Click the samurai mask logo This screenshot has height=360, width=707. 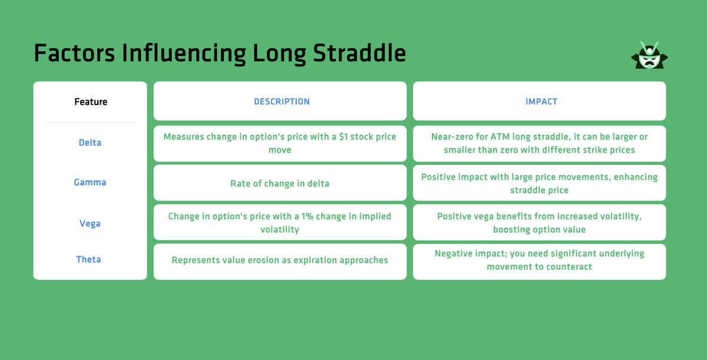(x=649, y=55)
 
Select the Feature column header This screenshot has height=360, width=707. (x=91, y=102)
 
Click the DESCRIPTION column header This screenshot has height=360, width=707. (x=282, y=101)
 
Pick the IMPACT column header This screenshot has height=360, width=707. (x=541, y=101)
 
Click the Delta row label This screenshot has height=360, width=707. (x=90, y=143)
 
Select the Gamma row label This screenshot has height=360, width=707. (x=90, y=183)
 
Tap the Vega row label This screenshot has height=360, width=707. (x=90, y=224)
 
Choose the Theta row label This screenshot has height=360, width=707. (x=88, y=259)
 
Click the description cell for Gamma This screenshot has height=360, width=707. (x=280, y=183)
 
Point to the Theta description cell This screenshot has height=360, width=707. (x=280, y=260)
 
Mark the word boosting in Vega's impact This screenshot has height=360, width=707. (x=513, y=230)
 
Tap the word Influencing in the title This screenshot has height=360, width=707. (x=184, y=54)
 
